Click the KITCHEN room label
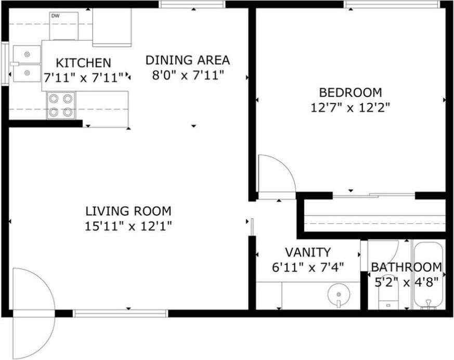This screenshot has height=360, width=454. [83, 63]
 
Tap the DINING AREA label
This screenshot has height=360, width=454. [188, 60]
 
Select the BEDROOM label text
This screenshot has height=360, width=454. [351, 92]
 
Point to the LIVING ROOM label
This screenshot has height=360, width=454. [128, 211]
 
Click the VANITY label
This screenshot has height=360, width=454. [308, 252]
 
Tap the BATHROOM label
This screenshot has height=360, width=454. [407, 267]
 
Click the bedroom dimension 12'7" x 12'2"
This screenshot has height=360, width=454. [351, 108]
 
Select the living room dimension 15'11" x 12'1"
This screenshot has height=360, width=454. [128, 226]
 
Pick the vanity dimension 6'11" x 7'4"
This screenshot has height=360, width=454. [308, 268]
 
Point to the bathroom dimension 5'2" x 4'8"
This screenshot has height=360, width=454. [407, 282]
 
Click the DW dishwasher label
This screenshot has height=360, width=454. [55, 16]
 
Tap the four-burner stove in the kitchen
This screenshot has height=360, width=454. [61, 105]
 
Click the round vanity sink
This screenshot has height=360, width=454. [339, 295]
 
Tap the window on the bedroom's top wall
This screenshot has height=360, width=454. [392, 4]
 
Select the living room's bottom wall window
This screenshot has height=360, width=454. [120, 313]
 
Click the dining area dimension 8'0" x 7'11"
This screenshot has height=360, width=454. [188, 76]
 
